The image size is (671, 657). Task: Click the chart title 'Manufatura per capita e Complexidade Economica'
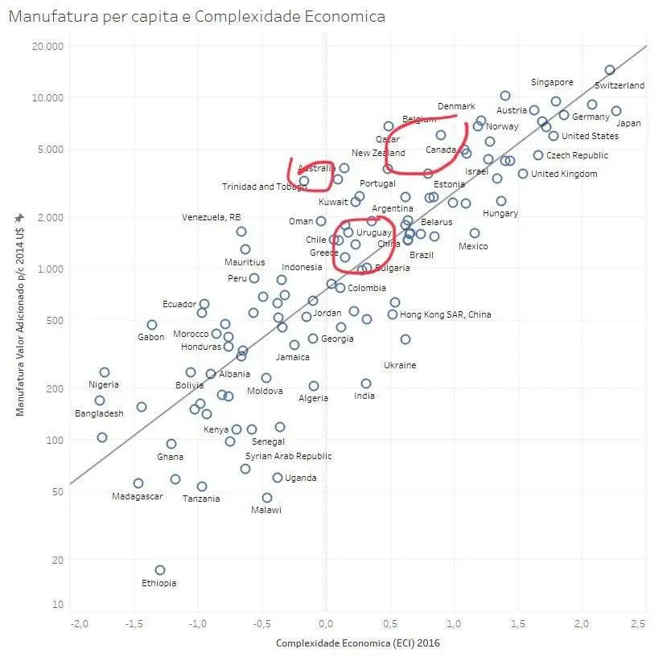pos(197,16)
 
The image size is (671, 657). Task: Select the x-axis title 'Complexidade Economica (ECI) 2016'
pos(358,643)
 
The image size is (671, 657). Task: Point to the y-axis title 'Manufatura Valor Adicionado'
pos(20,322)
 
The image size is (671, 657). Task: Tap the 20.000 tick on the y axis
pos(47,46)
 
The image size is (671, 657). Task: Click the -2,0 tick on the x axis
pos(79,623)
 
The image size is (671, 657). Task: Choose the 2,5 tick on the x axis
pos(639,623)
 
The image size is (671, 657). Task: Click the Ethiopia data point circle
pos(160,569)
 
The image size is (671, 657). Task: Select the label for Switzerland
pos(619,85)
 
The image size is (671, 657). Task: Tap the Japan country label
pos(628,123)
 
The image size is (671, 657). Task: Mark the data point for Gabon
pos(152,325)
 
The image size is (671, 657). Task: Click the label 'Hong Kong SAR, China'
pos(445,314)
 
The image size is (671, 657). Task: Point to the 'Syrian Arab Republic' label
pos(288,456)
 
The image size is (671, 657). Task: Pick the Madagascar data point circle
pos(138,483)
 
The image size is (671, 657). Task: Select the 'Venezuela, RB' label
pos(211,217)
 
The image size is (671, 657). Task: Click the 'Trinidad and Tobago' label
pos(264,187)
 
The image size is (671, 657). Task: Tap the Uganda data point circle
pos(278,478)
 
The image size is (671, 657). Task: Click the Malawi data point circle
pos(267,498)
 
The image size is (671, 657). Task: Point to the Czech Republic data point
pos(538,155)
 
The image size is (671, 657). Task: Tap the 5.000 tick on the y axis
pos(51,149)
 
